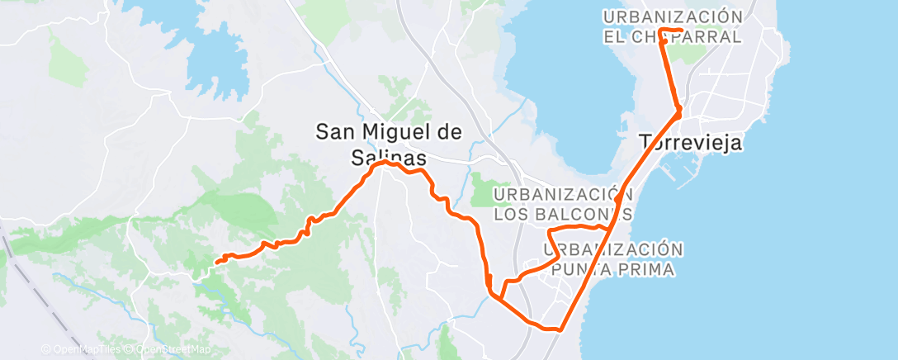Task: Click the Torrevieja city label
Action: (x=691, y=143)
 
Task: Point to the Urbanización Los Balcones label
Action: (x=564, y=204)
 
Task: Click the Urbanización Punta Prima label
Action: (x=614, y=258)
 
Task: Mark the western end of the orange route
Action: (x=216, y=263)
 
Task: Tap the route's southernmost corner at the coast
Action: (x=560, y=329)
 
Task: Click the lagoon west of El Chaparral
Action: (x=570, y=74)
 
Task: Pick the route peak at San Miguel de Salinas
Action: (x=384, y=163)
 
